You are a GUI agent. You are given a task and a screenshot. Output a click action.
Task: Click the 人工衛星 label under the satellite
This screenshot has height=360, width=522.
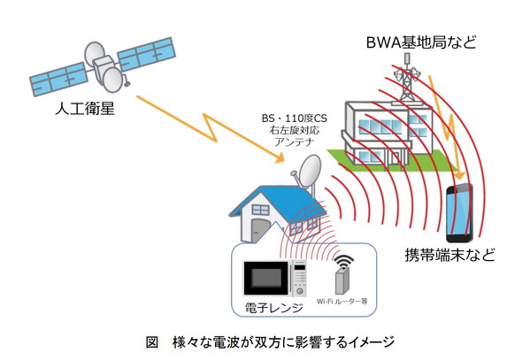(x=85, y=109)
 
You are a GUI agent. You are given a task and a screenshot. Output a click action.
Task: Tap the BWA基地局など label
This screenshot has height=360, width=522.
(x=421, y=42)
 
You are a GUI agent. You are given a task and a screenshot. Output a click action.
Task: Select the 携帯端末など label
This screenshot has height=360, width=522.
(x=449, y=255)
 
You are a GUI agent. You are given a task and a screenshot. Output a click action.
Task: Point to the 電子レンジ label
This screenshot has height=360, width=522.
(x=273, y=308)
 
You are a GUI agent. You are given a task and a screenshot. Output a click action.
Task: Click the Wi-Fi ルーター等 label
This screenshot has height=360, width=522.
(x=342, y=302)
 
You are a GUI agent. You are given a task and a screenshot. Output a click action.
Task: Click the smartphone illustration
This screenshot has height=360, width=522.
(x=459, y=212)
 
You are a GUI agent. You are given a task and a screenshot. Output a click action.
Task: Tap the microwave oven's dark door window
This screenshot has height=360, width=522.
(x=266, y=278)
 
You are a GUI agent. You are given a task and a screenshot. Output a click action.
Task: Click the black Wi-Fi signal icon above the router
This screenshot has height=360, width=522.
(x=344, y=261)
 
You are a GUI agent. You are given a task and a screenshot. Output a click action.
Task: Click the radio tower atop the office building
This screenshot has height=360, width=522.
(x=406, y=80)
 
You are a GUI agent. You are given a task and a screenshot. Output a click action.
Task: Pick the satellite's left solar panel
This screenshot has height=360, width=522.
(x=59, y=80)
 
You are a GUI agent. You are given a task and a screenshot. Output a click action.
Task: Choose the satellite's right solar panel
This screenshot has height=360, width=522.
(x=147, y=53)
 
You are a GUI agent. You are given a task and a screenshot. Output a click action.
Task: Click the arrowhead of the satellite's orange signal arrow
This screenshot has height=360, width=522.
(x=280, y=157)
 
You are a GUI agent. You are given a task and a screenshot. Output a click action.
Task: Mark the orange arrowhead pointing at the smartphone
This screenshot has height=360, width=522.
(x=460, y=174)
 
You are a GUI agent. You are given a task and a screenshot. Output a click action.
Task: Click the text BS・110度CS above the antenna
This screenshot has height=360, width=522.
(x=295, y=119)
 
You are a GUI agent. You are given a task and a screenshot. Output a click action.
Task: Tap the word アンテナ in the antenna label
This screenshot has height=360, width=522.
(x=295, y=142)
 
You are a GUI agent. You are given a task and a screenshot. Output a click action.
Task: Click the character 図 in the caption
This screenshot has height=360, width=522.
(x=152, y=342)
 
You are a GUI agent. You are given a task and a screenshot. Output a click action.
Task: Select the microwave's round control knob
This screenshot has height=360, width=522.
(x=300, y=292)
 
